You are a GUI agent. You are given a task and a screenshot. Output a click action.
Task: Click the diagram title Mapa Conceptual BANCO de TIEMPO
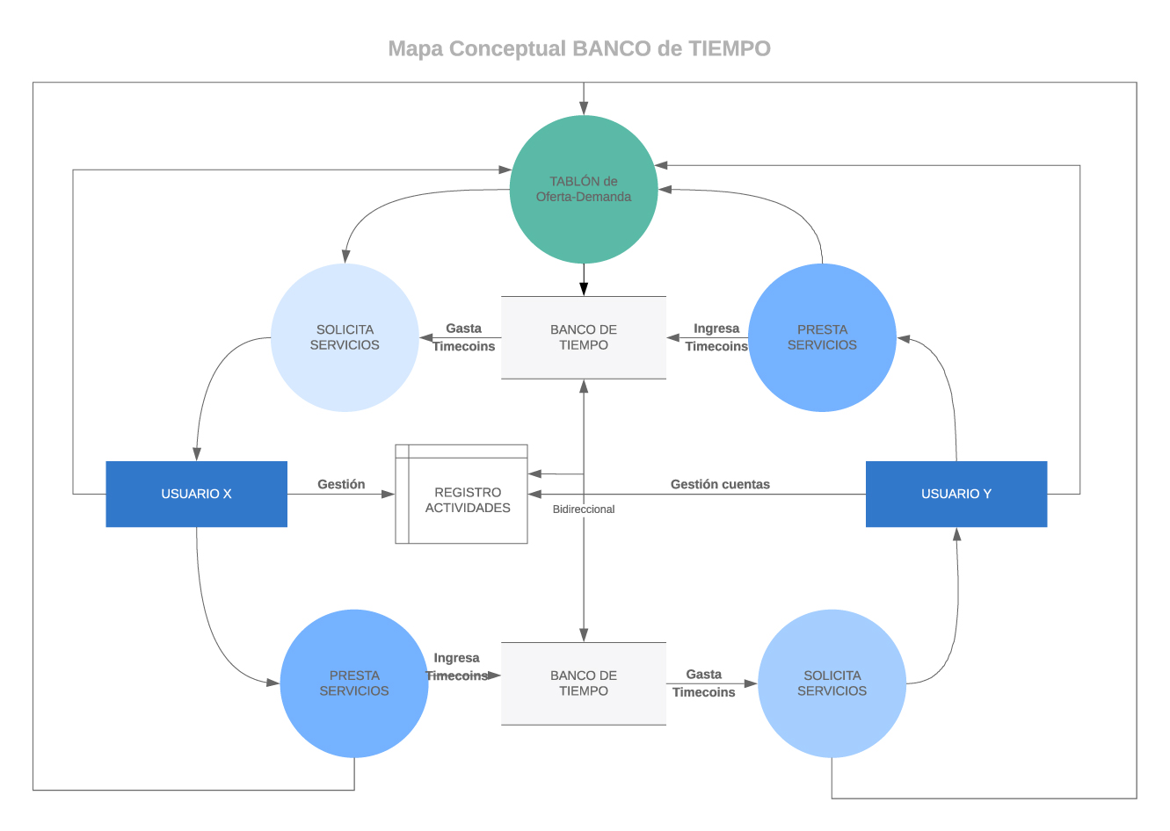(x=579, y=48)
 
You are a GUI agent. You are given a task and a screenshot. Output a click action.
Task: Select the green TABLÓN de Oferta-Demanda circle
(x=584, y=189)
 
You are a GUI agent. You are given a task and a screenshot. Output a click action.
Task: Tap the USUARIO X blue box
(x=196, y=494)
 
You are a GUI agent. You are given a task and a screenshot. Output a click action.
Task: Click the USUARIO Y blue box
(x=956, y=494)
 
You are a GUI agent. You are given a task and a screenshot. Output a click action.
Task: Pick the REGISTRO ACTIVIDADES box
(x=467, y=500)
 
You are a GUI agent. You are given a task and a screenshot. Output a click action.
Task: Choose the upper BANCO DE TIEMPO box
(x=584, y=337)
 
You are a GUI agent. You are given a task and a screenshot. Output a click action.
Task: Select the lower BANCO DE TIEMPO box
(x=584, y=683)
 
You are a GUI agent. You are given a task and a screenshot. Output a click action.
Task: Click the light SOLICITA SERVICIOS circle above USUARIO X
(x=345, y=337)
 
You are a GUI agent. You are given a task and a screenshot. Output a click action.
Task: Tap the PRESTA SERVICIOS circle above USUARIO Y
(x=822, y=337)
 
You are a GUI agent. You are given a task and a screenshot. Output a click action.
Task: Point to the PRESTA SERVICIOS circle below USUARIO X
(x=354, y=683)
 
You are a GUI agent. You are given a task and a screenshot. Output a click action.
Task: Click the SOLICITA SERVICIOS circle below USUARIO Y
(x=832, y=683)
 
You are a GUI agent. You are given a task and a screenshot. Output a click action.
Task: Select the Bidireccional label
(x=584, y=509)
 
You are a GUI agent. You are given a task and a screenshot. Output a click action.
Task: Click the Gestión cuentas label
(x=720, y=484)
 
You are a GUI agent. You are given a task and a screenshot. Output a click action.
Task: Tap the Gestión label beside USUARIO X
(x=341, y=484)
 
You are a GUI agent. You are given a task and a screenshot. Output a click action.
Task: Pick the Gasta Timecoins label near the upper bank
(x=463, y=337)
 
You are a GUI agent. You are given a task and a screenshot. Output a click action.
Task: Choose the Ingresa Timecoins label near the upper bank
(x=716, y=337)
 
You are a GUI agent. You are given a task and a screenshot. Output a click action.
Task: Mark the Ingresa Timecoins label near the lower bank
(x=456, y=667)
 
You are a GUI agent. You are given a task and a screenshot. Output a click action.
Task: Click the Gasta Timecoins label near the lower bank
(x=703, y=683)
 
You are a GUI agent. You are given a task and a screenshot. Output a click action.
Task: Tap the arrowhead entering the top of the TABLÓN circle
(x=584, y=109)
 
